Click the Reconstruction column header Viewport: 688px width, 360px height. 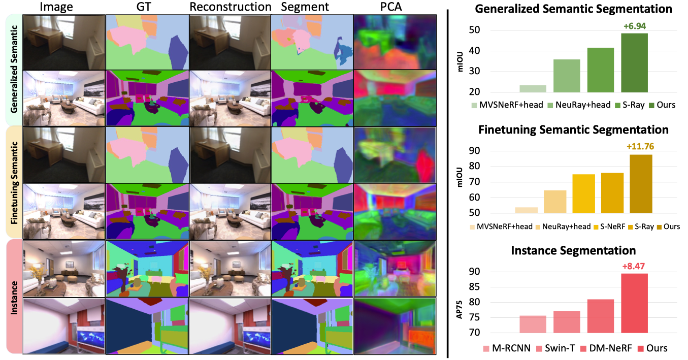pos(230,7)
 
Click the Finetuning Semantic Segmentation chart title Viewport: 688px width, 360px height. pos(573,129)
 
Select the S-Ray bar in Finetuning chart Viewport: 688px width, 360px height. pos(612,193)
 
